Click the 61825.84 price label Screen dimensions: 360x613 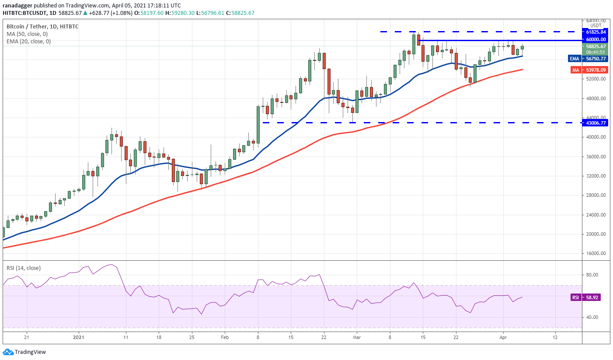click(596, 32)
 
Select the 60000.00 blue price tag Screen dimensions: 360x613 click(596, 39)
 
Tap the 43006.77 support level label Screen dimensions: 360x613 click(596, 123)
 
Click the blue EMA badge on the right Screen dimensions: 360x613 click(574, 59)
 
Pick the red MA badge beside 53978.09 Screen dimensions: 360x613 click(575, 70)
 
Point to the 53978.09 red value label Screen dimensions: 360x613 click(596, 70)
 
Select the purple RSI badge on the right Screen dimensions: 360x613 click(575, 297)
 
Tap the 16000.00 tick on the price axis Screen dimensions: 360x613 click(596, 253)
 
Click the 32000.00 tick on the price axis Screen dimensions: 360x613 click(596, 176)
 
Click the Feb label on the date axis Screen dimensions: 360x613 click(225, 338)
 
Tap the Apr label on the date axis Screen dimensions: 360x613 click(503, 338)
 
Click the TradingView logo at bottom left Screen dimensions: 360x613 click(24, 352)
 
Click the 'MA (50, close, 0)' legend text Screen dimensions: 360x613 click(27, 34)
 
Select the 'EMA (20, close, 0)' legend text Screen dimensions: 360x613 click(28, 42)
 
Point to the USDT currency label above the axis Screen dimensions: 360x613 click(596, 25)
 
